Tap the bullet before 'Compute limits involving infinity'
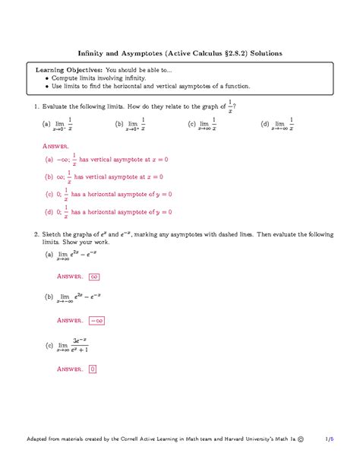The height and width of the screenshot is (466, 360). [47, 78]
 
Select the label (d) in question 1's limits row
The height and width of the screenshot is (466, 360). [264, 123]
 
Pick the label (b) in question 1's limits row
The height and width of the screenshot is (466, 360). [119, 123]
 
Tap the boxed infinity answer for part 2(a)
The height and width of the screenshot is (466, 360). [95, 277]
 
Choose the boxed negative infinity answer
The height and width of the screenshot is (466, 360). [98, 321]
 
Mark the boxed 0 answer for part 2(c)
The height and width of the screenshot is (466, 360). [93, 369]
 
